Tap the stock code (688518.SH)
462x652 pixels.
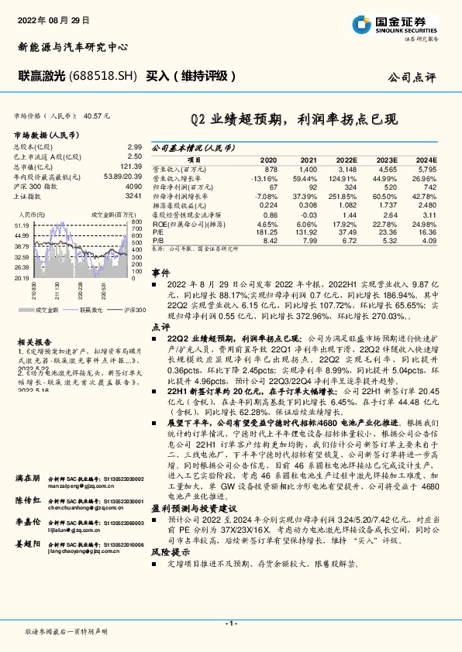pyautogui.click(x=102, y=77)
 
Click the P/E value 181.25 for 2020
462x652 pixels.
pyautogui.click(x=266, y=230)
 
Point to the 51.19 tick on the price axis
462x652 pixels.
pyautogui.click(x=22, y=225)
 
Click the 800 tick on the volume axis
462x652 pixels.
pyautogui.click(x=137, y=222)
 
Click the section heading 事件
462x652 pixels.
pyautogui.click(x=160, y=273)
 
